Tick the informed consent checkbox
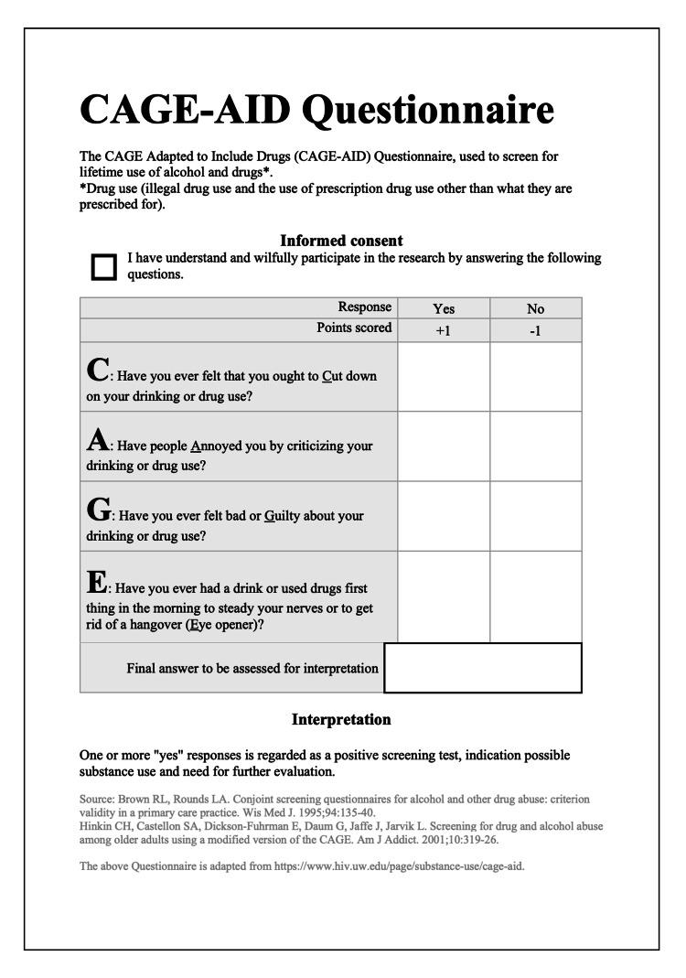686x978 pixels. coord(104,266)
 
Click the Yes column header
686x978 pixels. coord(444,308)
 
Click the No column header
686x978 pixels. coord(535,308)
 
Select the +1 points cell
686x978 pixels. coord(444,330)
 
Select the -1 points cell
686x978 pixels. coord(535,330)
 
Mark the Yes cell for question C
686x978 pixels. coord(444,377)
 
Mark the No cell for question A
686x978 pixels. coord(535,446)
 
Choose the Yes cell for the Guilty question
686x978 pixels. coord(444,516)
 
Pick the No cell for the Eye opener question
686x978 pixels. coord(535,596)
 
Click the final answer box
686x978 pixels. coord(483,668)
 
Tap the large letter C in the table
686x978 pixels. coord(97,371)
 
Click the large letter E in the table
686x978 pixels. coord(97,582)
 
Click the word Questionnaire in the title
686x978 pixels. coord(427,111)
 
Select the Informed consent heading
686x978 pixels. coord(341,241)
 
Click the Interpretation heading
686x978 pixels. coord(341,720)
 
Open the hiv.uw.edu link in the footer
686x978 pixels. coord(399,866)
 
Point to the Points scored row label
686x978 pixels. coord(354,328)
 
